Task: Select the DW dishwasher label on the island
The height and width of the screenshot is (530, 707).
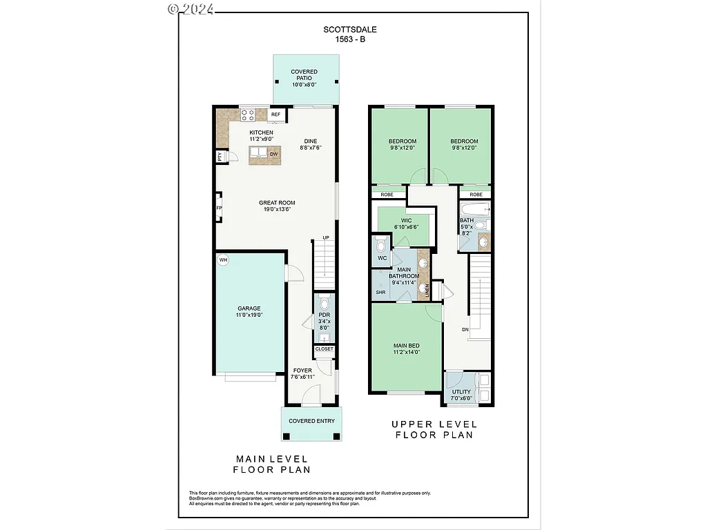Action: pos(274,154)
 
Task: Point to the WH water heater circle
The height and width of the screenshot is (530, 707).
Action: pos(223,260)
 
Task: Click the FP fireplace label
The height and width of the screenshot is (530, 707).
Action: pos(219,208)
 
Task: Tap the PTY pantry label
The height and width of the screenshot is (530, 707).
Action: pos(220,157)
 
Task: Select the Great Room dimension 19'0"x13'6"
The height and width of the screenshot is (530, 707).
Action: pos(277,210)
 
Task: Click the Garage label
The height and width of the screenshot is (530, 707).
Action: pos(249,308)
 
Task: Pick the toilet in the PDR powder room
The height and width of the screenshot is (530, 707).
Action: pos(325,304)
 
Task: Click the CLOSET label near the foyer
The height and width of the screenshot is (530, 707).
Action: pos(324,349)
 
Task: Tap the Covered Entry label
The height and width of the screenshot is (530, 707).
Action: pos(311,421)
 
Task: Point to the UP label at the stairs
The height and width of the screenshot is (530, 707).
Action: pos(326,238)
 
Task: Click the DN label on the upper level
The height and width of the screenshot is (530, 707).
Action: pos(465,330)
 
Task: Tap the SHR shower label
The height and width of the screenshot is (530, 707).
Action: pos(380,293)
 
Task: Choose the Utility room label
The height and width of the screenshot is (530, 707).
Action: pos(461,392)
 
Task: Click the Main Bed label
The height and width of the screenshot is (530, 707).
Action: pos(406,346)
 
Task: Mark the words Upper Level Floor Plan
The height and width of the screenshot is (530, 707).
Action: pos(434,430)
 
